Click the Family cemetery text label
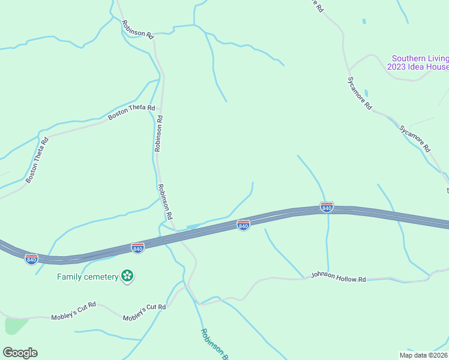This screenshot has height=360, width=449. click(x=88, y=277)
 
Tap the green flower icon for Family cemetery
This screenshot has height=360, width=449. click(x=127, y=276)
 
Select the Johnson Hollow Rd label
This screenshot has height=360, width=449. click(x=338, y=277)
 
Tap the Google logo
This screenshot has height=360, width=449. click(x=20, y=353)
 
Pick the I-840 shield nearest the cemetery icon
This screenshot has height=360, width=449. click(x=137, y=248)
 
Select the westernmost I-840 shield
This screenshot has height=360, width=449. click(x=32, y=259)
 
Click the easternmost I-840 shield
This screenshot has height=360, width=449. click(x=327, y=207)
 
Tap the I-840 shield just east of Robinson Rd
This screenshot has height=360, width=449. click(x=243, y=224)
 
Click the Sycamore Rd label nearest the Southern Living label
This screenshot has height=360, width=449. click(x=360, y=93)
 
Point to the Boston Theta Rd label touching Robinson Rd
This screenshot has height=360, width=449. click(x=131, y=112)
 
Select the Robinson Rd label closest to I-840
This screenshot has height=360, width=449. click(x=165, y=201)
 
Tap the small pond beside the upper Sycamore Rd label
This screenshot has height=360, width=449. click(x=366, y=94)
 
